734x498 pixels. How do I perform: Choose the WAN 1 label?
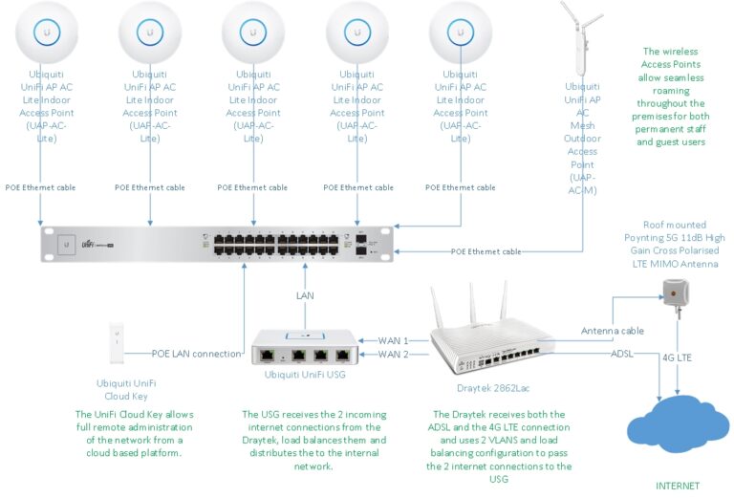click(394, 340)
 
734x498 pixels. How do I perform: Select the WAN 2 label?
click(394, 355)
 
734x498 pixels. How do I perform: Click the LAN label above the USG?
click(304, 296)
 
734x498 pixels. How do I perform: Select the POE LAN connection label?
click(197, 354)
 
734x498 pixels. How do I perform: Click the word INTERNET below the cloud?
click(677, 486)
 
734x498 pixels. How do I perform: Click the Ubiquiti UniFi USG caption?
click(304, 376)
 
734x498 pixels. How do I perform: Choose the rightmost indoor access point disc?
click(461, 32)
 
